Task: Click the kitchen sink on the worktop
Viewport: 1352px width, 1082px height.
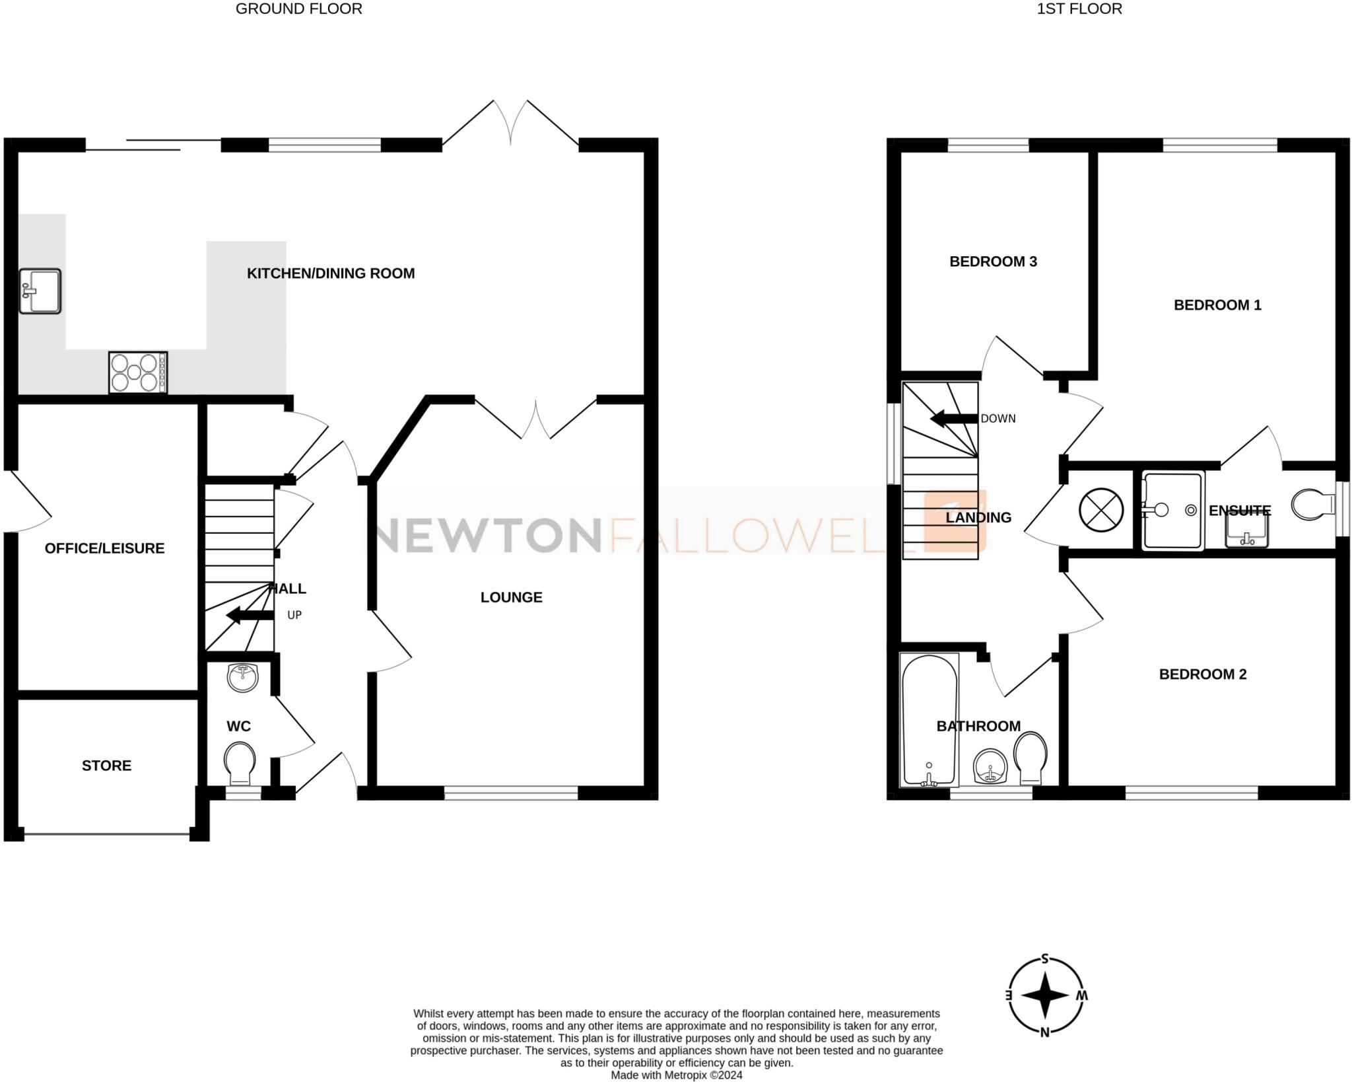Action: click(40, 291)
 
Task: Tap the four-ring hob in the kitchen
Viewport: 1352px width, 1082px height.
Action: click(138, 373)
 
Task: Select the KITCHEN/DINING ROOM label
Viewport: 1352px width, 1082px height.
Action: click(331, 273)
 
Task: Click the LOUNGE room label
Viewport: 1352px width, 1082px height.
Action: click(511, 597)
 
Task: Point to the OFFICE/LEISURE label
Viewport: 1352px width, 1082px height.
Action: click(104, 548)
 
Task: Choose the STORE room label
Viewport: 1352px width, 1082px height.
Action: click(106, 766)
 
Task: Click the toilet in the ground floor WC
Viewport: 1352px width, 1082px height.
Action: click(240, 762)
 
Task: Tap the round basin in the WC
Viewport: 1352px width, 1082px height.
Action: click(243, 677)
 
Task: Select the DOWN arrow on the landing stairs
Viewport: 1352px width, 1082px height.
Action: click(954, 418)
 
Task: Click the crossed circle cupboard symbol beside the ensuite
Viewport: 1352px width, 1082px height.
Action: click(1101, 510)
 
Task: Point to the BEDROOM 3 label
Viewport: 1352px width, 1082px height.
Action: click(993, 262)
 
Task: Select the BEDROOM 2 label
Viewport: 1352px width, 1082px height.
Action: click(1202, 674)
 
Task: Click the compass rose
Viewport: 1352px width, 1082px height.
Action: click(1045, 995)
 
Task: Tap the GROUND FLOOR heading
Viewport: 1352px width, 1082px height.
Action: click(298, 9)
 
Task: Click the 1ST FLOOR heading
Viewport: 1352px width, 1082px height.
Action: click(1079, 9)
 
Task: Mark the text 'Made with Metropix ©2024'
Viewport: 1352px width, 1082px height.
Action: click(676, 1075)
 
